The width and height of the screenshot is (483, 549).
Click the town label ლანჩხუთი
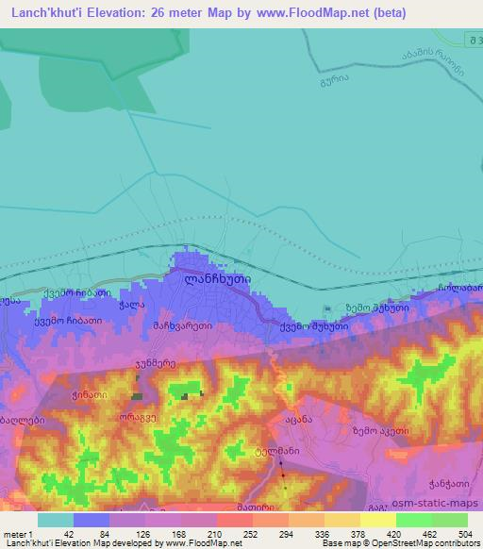pos(211,279)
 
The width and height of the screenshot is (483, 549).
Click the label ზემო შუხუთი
pos(376,307)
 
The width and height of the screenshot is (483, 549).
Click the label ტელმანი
pos(276,452)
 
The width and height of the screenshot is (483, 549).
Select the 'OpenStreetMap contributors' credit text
pos(413,543)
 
